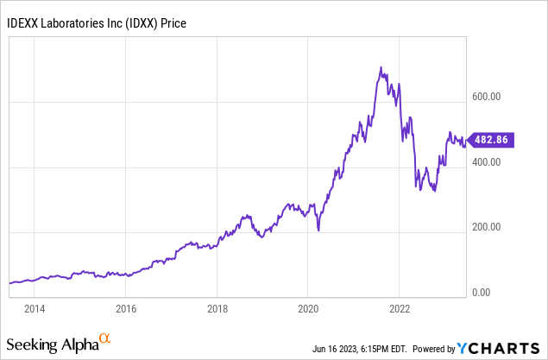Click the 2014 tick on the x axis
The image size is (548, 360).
pos(35,308)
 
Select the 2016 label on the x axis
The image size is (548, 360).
pos(126,308)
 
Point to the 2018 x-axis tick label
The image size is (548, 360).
pos(217,308)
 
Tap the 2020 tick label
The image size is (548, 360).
pos(309,308)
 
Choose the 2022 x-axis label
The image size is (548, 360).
pos(400,308)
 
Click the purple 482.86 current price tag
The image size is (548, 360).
pos(490,140)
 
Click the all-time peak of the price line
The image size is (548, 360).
pos(381,67)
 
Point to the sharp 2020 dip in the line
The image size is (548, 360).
pos(318,231)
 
